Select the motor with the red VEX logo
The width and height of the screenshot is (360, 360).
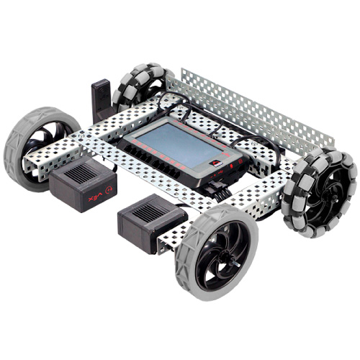pos(81,185)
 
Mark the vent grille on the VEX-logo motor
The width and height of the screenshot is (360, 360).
pos(76,173)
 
